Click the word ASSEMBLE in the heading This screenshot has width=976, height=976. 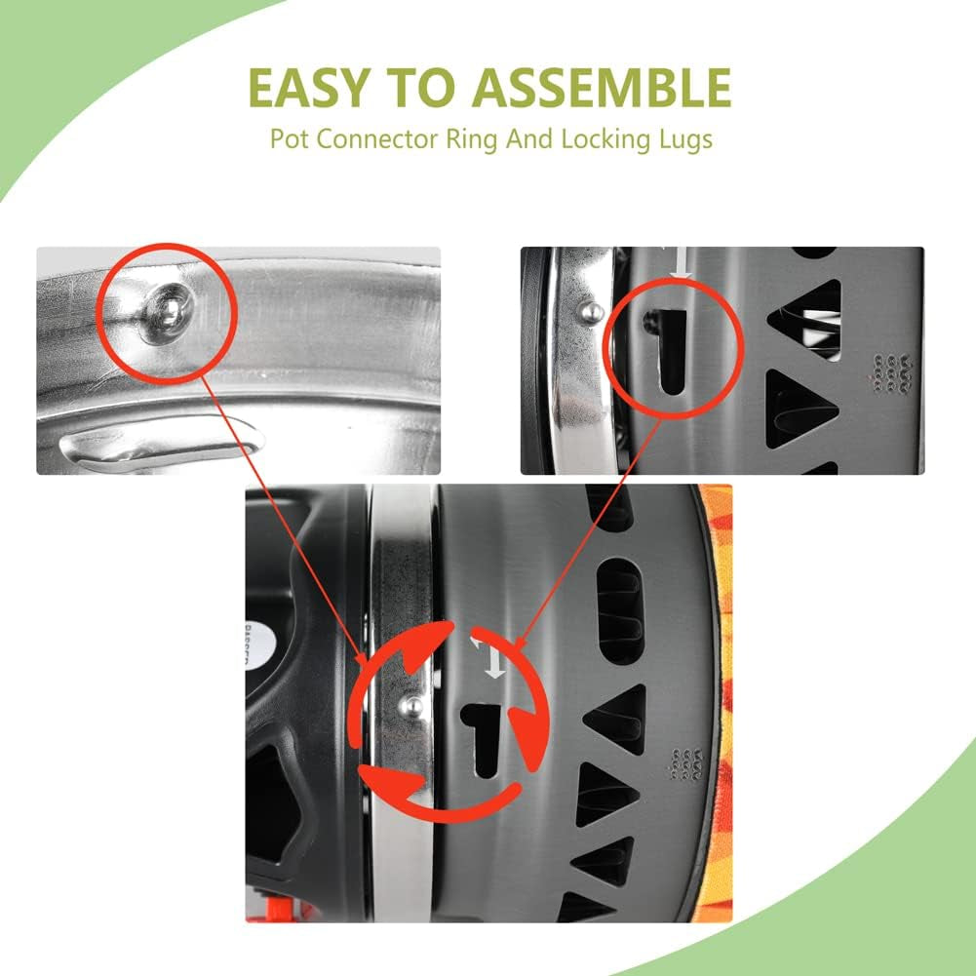(x=601, y=88)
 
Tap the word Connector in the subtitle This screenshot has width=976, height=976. (x=378, y=138)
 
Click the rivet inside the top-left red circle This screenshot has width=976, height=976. (x=168, y=306)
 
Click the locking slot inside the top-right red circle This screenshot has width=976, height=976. (x=669, y=350)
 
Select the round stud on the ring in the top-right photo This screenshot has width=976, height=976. (x=591, y=311)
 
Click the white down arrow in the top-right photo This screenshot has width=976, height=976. (x=681, y=262)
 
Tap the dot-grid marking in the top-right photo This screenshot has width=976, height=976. (x=891, y=372)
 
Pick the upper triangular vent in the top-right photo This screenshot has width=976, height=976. (x=808, y=319)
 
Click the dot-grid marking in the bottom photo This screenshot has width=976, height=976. (x=686, y=763)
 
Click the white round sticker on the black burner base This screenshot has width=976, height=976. (x=259, y=647)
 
